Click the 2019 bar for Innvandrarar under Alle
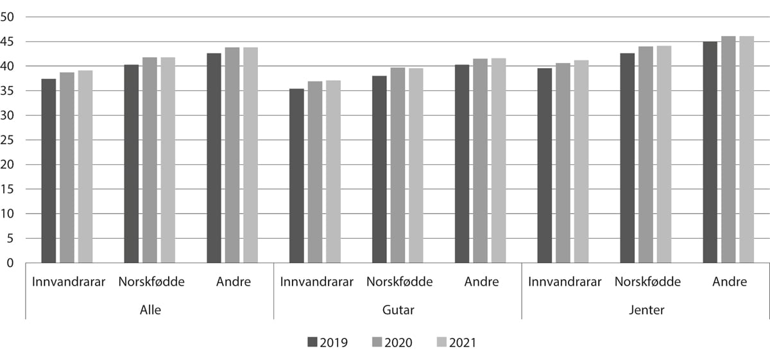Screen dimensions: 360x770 pos(49,171)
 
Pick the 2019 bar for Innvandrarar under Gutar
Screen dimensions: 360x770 pos(296,176)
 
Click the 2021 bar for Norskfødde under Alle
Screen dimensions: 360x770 pos(168,160)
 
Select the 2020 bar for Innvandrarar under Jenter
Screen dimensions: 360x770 pos(563,163)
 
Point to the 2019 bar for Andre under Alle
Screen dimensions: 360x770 pos(214,158)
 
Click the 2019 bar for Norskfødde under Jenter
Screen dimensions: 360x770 pos(627,158)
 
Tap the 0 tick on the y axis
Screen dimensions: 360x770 pos(10,262)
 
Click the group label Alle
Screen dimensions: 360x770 pos(150,311)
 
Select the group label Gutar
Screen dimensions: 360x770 pos(398,311)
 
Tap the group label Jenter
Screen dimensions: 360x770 pos(646,311)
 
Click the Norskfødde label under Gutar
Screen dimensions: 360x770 pos(399,282)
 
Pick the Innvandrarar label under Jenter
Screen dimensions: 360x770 pos(565,282)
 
